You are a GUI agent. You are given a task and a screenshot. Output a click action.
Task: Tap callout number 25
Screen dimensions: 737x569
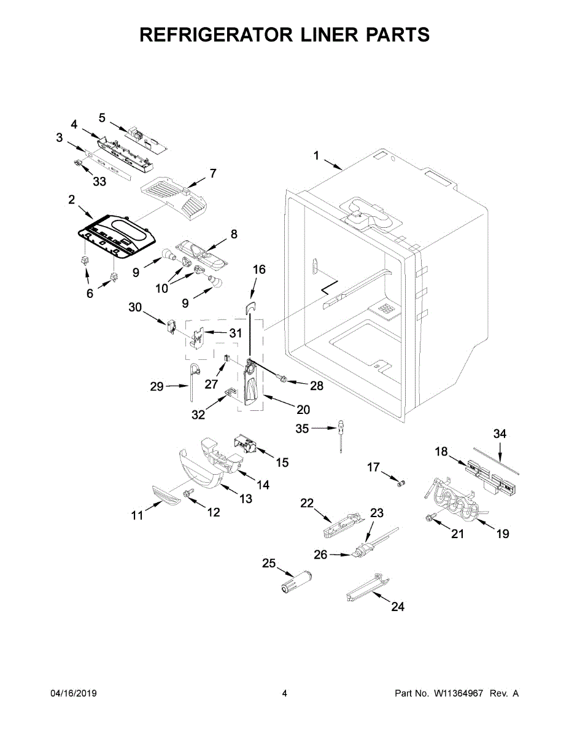pos(268,564)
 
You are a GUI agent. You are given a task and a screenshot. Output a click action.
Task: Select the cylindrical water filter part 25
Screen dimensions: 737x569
pos(295,582)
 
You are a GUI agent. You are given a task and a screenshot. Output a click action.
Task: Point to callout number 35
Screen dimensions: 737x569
pos(302,429)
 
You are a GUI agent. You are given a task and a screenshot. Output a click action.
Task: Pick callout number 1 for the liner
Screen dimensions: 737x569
pos(317,156)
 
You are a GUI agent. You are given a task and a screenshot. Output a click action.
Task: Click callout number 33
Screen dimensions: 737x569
pos(99,181)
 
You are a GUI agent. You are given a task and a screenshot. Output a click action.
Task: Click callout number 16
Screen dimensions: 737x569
pos(259,270)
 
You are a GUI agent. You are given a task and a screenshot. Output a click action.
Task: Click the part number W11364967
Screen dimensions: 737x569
pos(460,693)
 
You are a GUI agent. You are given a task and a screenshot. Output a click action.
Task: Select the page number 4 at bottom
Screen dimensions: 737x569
pos(284,693)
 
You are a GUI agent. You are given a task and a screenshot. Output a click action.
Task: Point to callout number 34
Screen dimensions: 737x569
pos(500,434)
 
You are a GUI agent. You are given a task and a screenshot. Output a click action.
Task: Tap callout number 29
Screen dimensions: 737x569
pos(157,386)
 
